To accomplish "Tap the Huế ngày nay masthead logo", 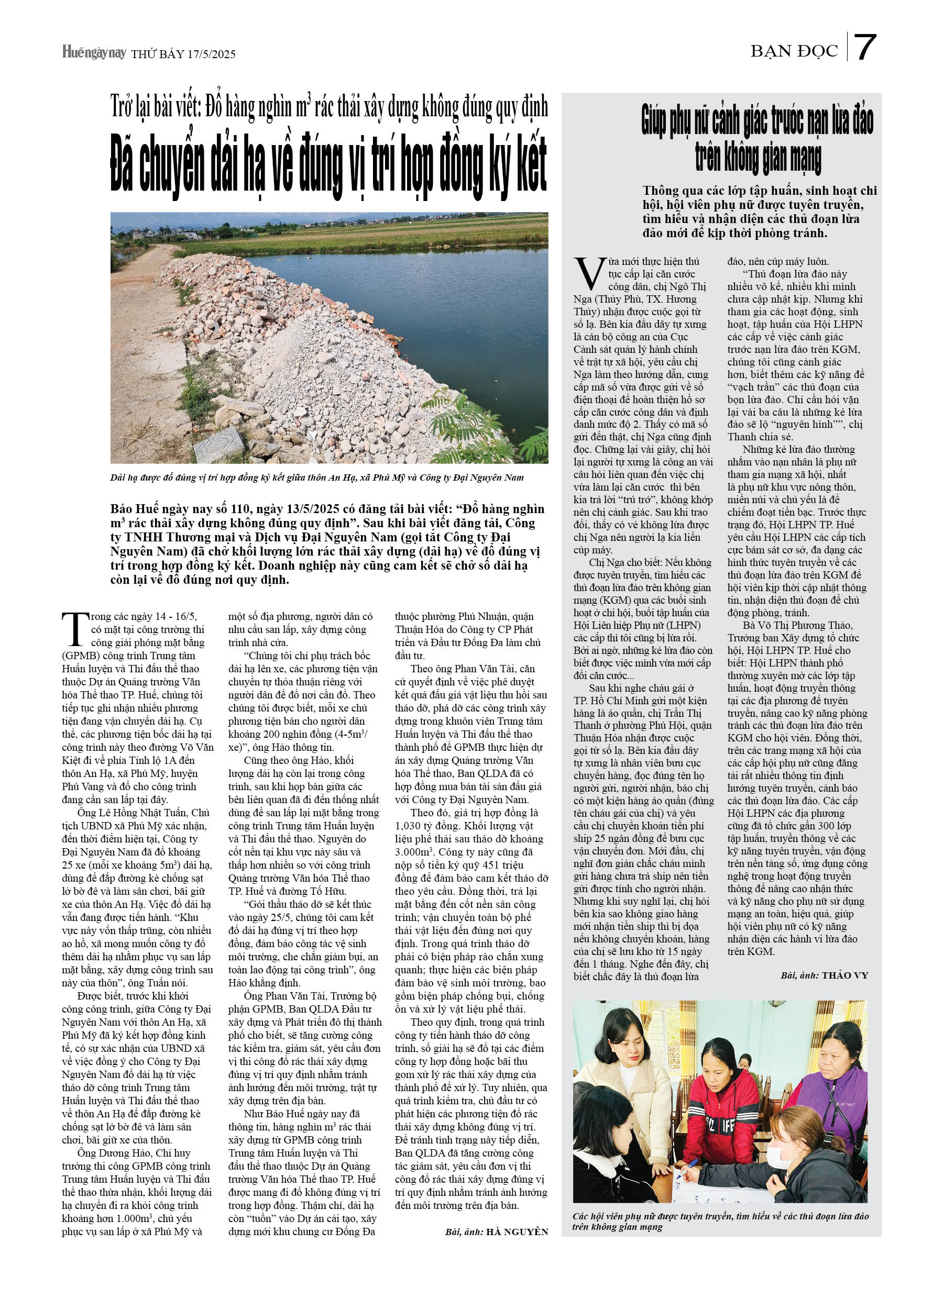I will pos(94,53).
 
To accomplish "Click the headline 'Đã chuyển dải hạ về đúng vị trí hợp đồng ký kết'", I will pos(328,166).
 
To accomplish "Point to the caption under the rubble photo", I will pos(316,477).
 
